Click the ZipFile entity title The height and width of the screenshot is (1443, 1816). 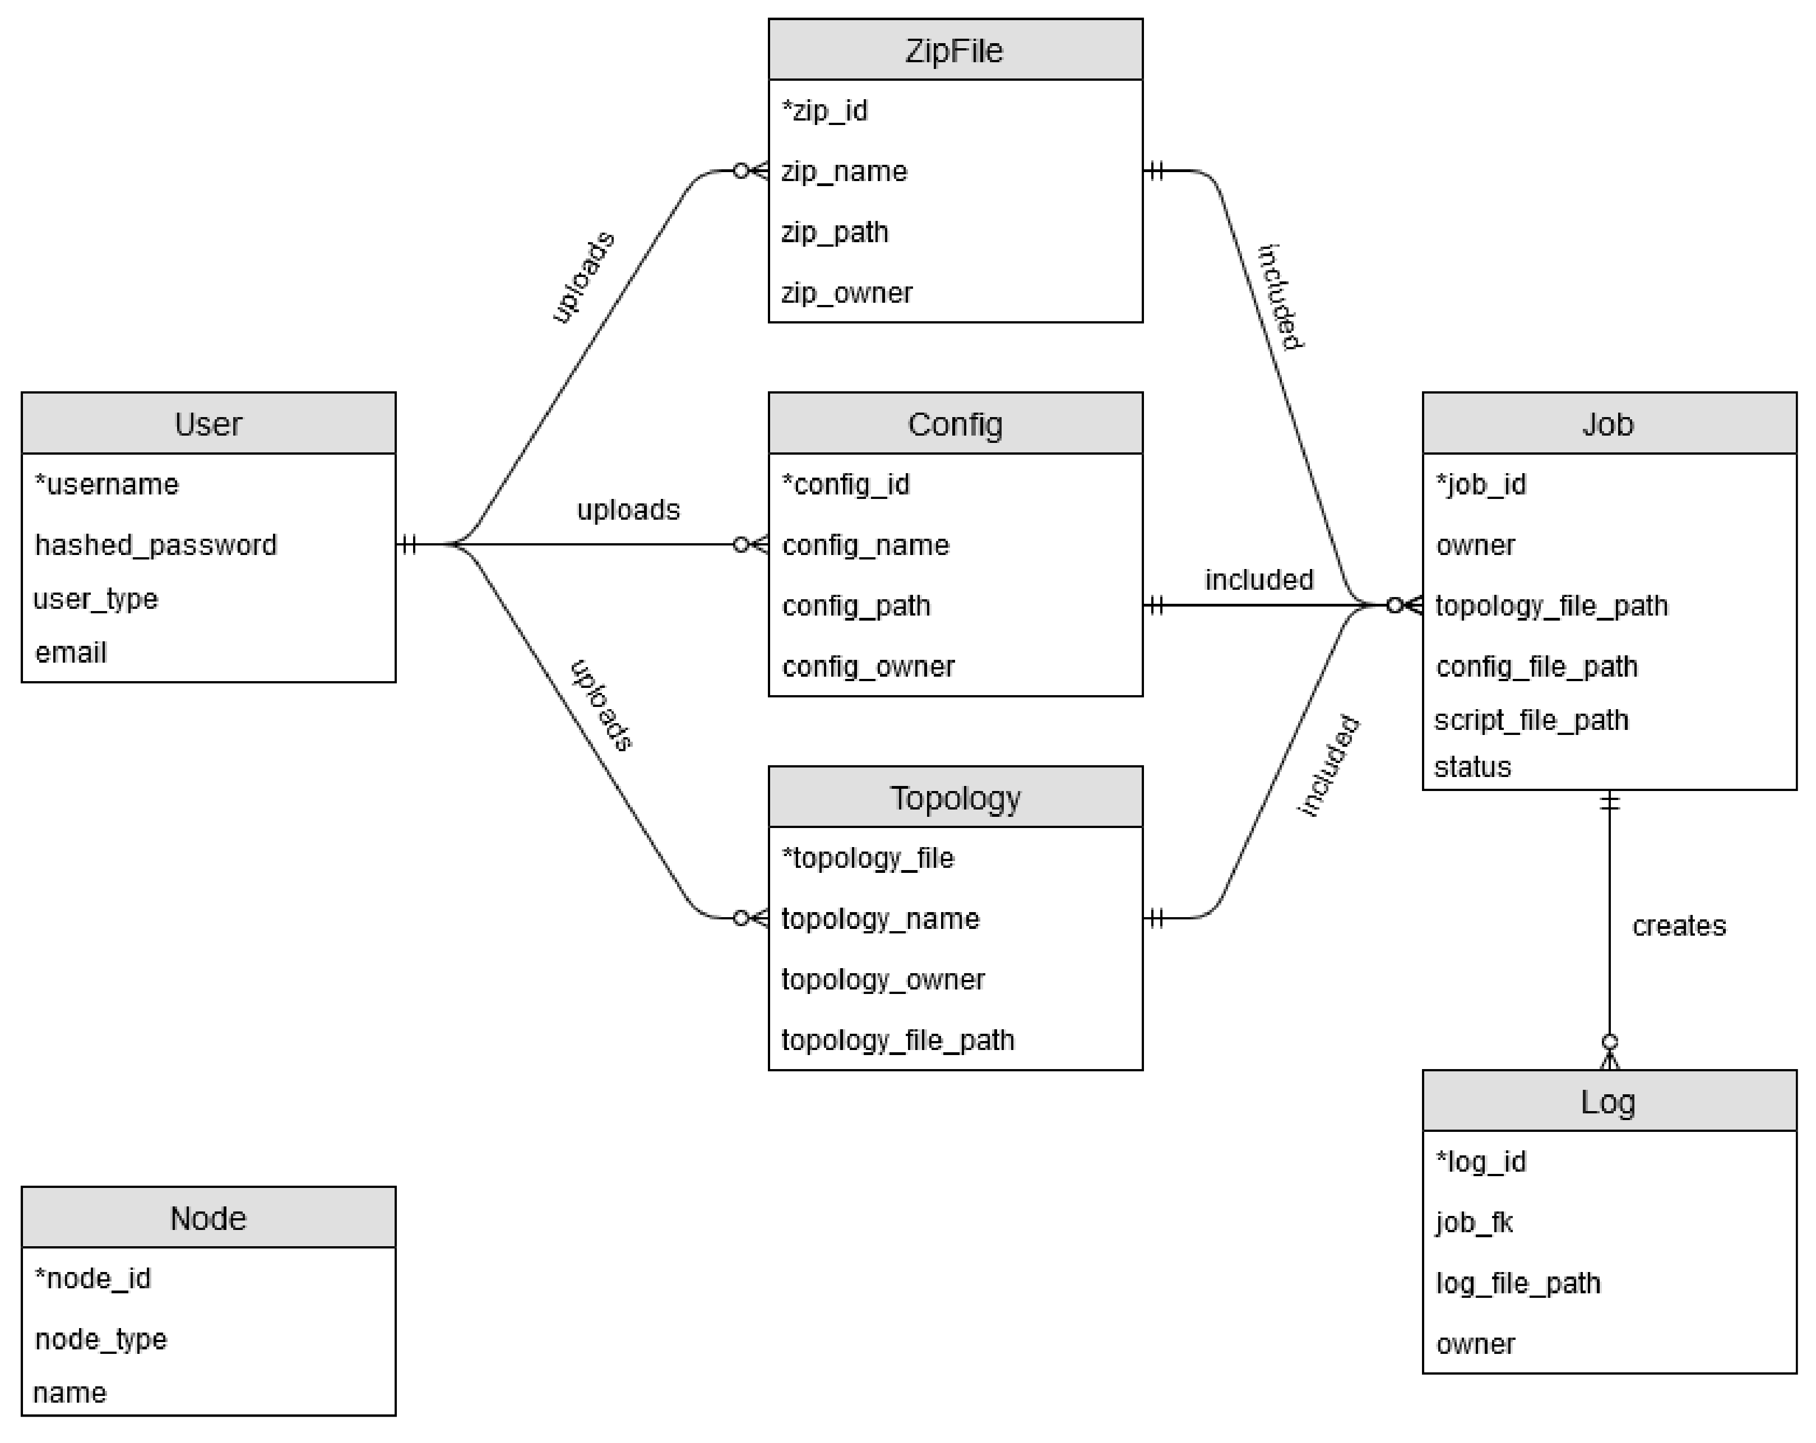(x=955, y=50)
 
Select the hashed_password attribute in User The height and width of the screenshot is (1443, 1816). (x=156, y=545)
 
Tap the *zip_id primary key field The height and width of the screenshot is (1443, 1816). (x=824, y=110)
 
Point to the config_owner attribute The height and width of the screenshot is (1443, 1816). (x=868, y=667)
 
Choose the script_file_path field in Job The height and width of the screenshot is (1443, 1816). (x=1531, y=720)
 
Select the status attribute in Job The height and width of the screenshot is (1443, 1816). (x=1472, y=766)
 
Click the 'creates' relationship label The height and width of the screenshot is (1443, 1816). (x=1678, y=926)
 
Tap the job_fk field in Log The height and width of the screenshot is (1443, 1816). (x=1474, y=1222)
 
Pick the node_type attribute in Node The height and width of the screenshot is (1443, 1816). (x=101, y=1339)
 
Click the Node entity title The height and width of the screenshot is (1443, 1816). (x=208, y=1218)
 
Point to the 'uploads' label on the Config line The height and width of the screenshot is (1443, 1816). (x=628, y=510)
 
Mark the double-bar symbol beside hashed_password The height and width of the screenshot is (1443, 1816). (x=409, y=544)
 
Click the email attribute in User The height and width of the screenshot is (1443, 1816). (x=71, y=653)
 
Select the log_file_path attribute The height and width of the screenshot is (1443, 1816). (x=1518, y=1283)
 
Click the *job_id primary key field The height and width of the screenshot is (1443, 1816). (x=1481, y=484)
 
